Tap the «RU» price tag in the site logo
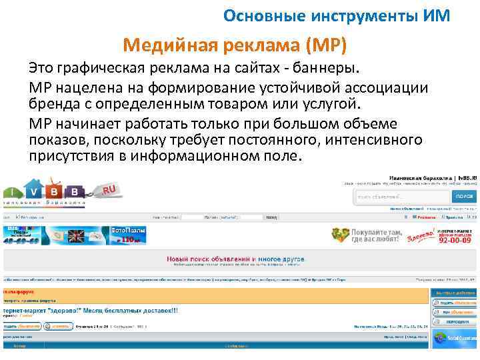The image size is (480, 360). click(108, 191)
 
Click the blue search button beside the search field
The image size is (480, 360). click(464, 197)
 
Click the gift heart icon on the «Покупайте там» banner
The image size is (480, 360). click(341, 235)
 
